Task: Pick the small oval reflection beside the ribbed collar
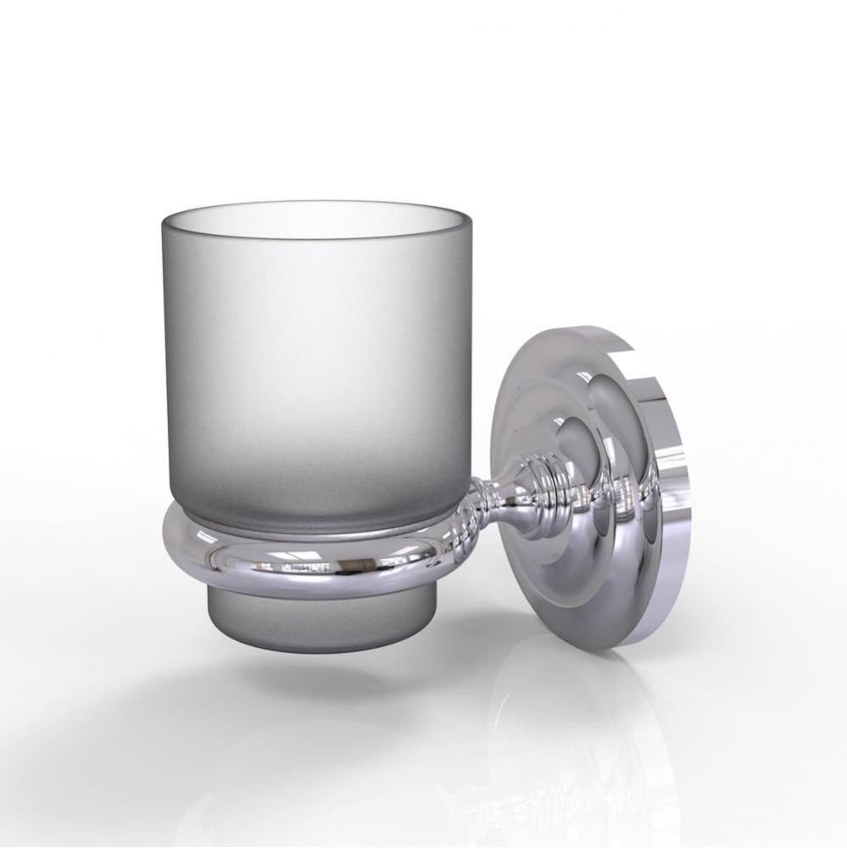click(x=577, y=441)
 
